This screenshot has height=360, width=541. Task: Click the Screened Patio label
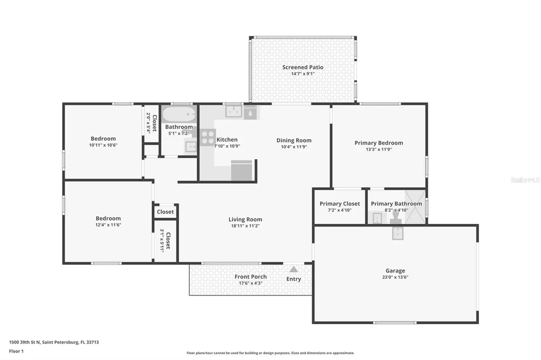point(303,67)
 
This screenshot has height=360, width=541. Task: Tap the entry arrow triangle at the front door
point(293,269)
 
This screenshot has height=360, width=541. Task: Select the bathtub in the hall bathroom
point(179,114)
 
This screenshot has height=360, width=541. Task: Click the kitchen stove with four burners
point(208,137)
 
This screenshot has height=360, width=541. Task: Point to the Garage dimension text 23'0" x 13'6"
point(395,277)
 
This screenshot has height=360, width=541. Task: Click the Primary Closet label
point(340,204)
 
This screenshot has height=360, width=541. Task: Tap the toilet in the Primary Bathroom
point(396,216)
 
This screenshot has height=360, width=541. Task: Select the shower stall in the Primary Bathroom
point(415,207)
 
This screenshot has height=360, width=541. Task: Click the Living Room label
point(245,219)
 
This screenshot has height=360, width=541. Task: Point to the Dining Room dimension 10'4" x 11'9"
point(294,147)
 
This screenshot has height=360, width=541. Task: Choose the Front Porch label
point(250,277)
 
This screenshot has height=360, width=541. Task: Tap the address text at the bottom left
point(54,342)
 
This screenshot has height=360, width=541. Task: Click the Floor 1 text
point(16,351)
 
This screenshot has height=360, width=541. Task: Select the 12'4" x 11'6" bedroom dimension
point(108,225)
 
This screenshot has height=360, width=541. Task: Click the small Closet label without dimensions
point(165,212)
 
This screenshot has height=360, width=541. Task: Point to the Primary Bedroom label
point(379,143)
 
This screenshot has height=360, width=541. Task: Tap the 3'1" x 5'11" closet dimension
point(162,240)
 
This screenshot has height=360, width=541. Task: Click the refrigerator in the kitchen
point(242,170)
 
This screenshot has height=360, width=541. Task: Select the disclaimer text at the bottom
point(270,353)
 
